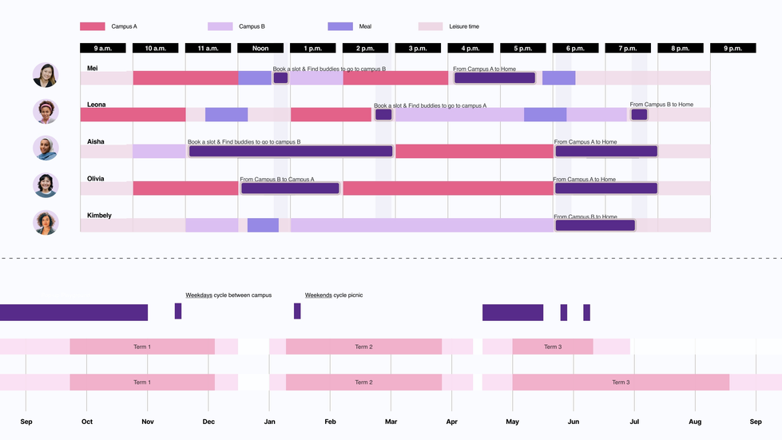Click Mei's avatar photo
46,75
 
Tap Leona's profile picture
46,112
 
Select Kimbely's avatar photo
46,223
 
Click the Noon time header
260,49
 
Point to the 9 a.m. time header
103,49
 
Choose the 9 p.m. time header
732,49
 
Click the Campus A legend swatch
93,26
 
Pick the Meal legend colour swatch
340,26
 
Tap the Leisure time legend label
464,26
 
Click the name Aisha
96,141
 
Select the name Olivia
96,179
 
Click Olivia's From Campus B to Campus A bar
290,188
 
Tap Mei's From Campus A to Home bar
494,77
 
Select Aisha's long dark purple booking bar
291,151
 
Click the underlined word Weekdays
199,295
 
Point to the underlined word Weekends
318,295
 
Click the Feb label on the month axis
330,422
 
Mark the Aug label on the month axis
695,422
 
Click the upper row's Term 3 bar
552,347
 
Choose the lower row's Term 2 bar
363,383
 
